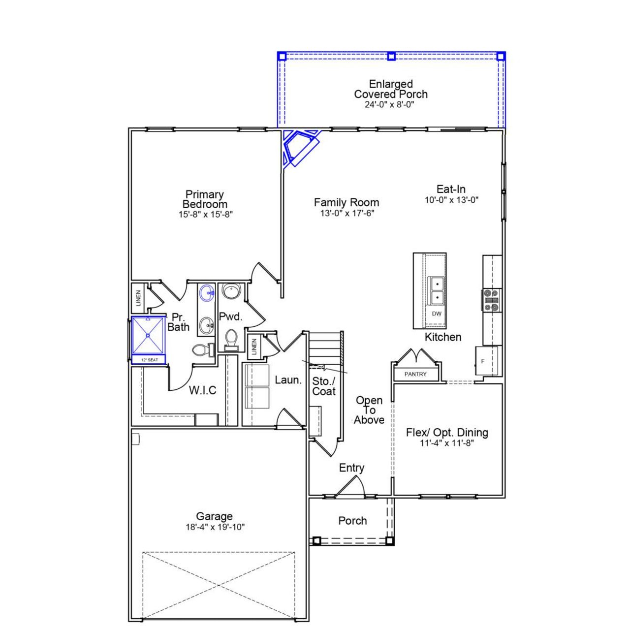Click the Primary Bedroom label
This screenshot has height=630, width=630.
point(205,199)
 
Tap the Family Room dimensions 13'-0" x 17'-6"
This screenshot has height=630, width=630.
point(346,213)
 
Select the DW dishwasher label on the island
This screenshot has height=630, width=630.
point(437,314)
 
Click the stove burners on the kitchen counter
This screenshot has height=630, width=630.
point(491,300)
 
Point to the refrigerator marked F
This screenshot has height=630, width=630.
point(483,361)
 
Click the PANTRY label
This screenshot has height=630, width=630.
point(415,374)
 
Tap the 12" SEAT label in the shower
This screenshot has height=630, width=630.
point(150,360)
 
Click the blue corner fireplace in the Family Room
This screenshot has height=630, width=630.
point(299,146)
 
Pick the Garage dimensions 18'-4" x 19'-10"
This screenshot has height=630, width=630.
point(215,527)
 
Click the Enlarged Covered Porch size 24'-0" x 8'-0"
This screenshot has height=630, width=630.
point(390,104)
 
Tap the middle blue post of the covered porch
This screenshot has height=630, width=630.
point(391,56)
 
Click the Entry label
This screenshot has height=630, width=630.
point(351,468)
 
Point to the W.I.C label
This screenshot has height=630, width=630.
point(203,390)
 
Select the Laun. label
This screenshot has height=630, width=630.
point(288,380)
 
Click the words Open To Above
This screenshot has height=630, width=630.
point(369,410)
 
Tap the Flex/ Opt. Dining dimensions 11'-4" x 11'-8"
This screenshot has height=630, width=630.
point(446,443)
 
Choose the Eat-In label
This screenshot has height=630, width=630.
point(451,189)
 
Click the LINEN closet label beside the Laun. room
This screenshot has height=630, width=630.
point(254,346)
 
